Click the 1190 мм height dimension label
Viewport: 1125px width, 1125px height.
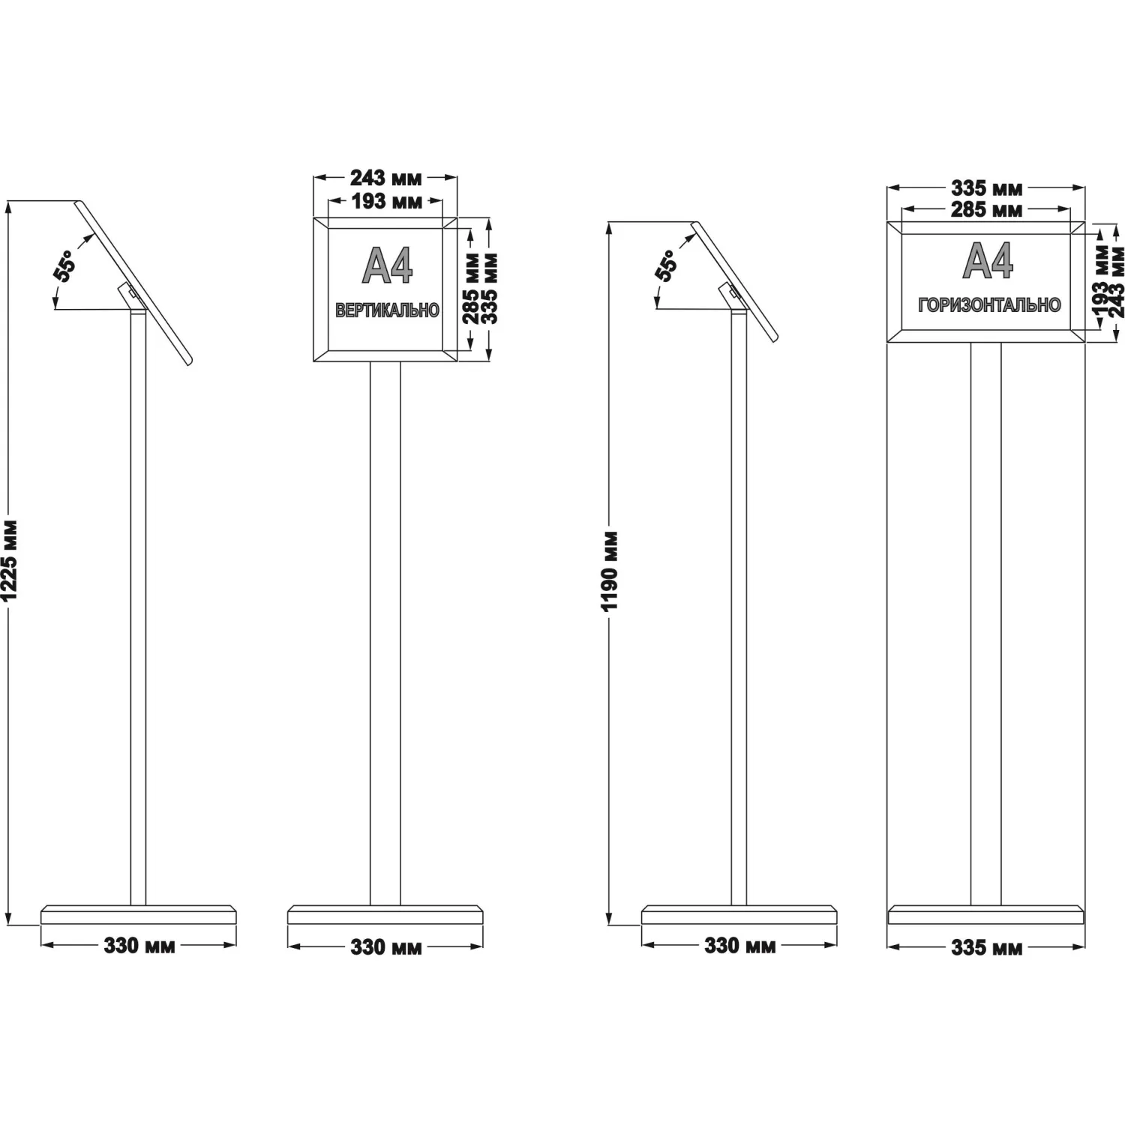[610, 571]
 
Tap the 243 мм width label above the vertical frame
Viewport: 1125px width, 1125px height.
[385, 178]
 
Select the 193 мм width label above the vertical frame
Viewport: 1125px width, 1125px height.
[385, 201]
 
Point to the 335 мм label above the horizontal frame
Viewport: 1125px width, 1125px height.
[986, 187]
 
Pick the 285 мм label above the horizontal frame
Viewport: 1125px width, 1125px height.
[986, 210]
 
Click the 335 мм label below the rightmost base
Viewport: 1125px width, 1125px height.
[986, 948]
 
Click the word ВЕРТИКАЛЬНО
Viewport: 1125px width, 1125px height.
[387, 310]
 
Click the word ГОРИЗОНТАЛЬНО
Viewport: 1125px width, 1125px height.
[989, 304]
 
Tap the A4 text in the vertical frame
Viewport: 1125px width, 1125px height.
[387, 265]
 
